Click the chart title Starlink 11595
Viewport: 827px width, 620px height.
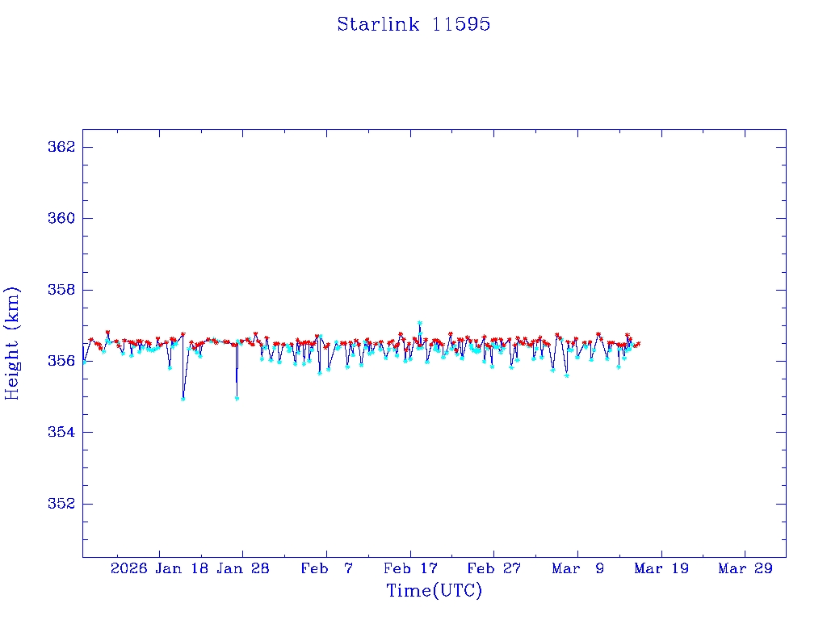[413, 24]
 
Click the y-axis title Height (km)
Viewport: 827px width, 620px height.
[12, 342]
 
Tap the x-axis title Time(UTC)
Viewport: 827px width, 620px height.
[434, 591]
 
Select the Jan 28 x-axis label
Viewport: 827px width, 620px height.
[243, 568]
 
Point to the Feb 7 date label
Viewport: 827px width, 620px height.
[326, 568]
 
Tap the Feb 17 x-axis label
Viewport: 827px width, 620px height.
[410, 568]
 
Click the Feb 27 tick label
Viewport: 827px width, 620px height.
[494, 568]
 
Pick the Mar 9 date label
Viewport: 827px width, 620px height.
[577, 568]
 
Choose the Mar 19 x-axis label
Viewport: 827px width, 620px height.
[661, 568]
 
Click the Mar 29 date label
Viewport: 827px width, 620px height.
[745, 568]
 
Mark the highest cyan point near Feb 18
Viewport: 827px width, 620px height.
[420, 323]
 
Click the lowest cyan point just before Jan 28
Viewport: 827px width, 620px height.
[237, 398]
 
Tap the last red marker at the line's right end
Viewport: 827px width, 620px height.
[638, 344]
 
